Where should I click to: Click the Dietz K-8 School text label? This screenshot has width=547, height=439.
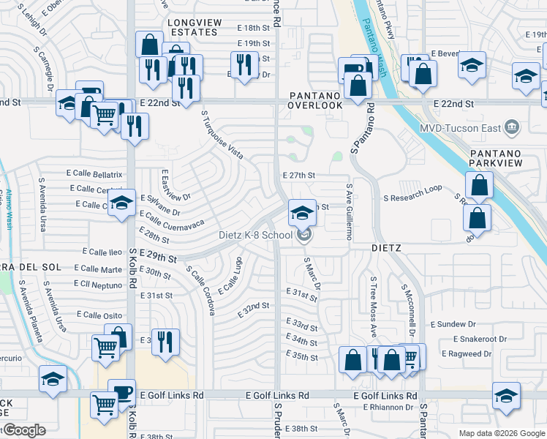[x=256, y=235]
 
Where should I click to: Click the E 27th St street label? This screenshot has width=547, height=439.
[x=298, y=176]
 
